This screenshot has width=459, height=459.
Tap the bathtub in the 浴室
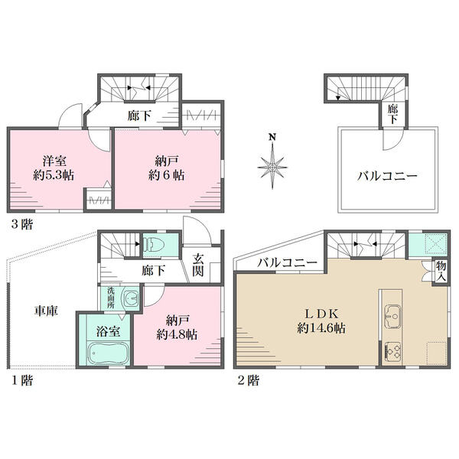108,353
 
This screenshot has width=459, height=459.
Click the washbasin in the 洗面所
131,298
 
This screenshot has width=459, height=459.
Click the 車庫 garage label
46,311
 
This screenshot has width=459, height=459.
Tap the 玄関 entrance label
198,265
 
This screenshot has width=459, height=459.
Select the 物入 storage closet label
441,271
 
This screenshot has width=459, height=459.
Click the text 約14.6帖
321,328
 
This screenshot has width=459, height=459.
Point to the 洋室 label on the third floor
54,161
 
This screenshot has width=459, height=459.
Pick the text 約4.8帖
177,334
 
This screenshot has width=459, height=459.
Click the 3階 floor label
21,224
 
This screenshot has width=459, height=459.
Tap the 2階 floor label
248,380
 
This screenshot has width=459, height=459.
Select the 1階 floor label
21,380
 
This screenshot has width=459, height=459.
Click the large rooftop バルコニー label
386,176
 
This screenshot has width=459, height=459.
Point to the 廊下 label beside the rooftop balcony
392,115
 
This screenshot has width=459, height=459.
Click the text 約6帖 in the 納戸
166,175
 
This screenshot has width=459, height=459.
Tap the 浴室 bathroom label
108,332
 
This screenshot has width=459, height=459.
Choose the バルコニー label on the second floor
287,262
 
